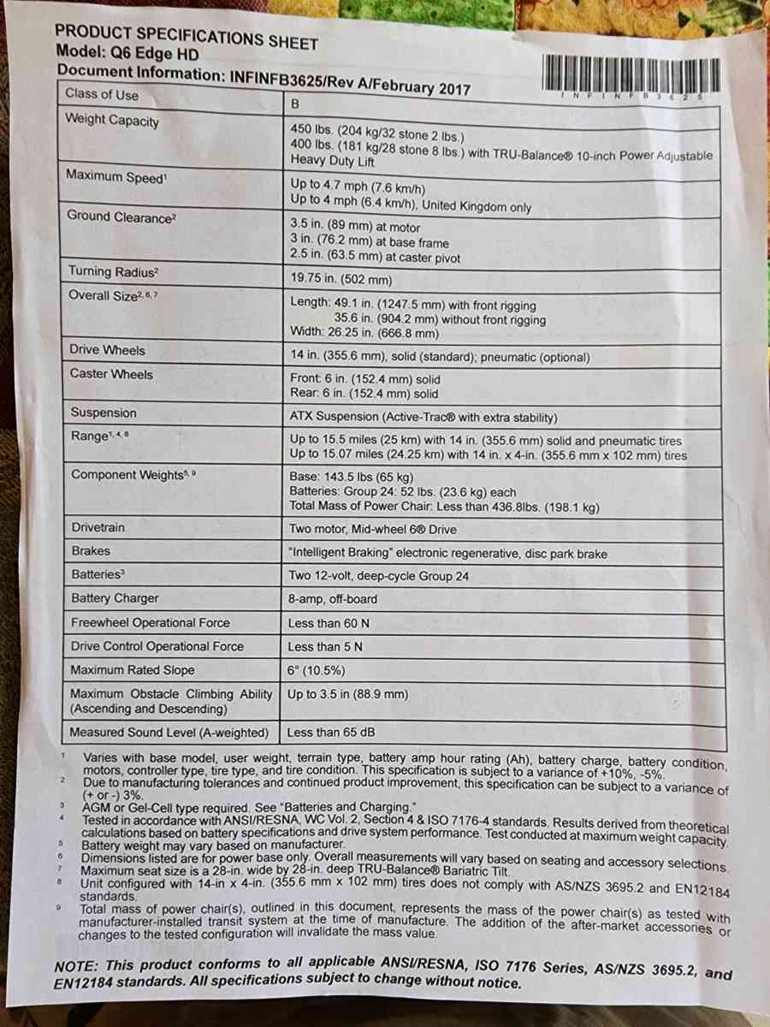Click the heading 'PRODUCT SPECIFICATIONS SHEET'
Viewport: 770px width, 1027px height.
tap(186, 37)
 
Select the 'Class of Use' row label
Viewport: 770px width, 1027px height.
tap(102, 95)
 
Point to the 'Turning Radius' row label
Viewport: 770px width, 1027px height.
tap(114, 271)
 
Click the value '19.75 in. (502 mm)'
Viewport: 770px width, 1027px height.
tap(341, 279)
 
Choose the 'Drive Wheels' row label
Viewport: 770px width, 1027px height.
tap(108, 350)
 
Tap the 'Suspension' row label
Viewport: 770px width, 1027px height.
tap(104, 413)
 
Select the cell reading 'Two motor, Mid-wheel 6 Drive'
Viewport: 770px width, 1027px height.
tap(373, 529)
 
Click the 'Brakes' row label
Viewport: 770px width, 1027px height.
tap(91, 551)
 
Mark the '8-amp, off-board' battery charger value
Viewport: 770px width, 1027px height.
tap(333, 599)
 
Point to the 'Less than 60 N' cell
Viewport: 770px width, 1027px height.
tap(329, 623)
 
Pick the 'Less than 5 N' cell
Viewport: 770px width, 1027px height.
tap(325, 647)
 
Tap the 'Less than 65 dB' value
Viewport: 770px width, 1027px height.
tap(331, 733)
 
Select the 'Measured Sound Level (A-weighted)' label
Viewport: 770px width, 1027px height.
tap(169, 733)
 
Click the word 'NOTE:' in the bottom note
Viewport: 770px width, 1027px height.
tap(76, 965)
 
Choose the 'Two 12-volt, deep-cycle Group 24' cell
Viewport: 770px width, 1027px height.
tap(379, 576)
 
